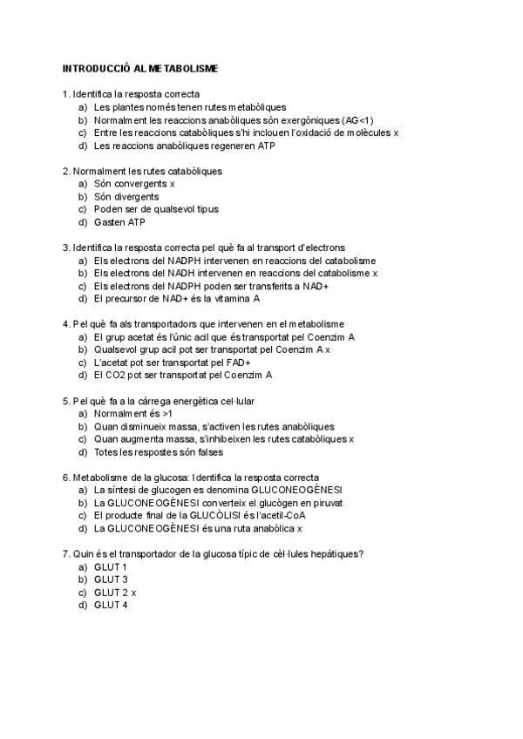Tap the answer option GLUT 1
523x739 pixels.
pyautogui.click(x=111, y=566)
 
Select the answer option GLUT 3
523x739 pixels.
pyautogui.click(x=111, y=580)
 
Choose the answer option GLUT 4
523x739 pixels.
pyautogui.click(x=111, y=605)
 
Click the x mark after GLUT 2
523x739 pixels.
pyautogui.click(x=134, y=593)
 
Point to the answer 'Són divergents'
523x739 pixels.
pyautogui.click(x=126, y=197)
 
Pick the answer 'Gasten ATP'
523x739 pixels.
pyautogui.click(x=119, y=222)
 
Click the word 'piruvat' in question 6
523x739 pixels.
pyautogui.click(x=326, y=503)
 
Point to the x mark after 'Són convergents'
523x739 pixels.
pyautogui.click(x=173, y=184)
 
